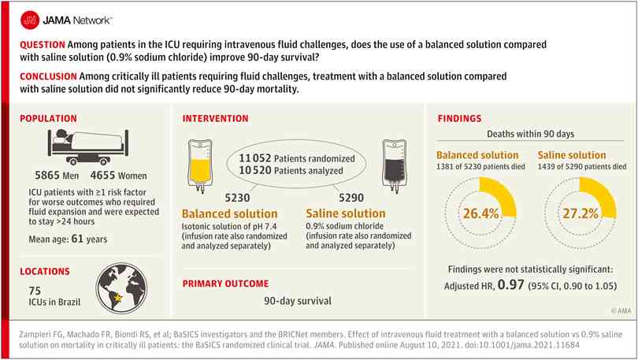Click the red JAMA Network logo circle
point(30,20)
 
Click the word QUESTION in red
point(43,45)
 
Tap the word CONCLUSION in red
point(48,76)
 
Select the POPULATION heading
point(48,118)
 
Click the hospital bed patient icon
point(88,147)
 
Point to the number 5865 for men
point(47,176)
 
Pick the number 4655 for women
point(102,176)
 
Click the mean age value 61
point(77,239)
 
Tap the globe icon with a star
point(121,289)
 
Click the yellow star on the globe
point(118,299)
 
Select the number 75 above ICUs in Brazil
point(35,291)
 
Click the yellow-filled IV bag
point(199,165)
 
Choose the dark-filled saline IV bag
point(394,165)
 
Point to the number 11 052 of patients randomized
point(254,158)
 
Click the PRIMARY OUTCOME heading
point(225,284)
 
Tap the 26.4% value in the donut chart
point(481,213)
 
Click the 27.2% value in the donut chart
point(581,213)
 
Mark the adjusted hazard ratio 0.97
point(510,284)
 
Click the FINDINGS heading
point(459,118)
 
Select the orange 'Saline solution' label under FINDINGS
point(572,155)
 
